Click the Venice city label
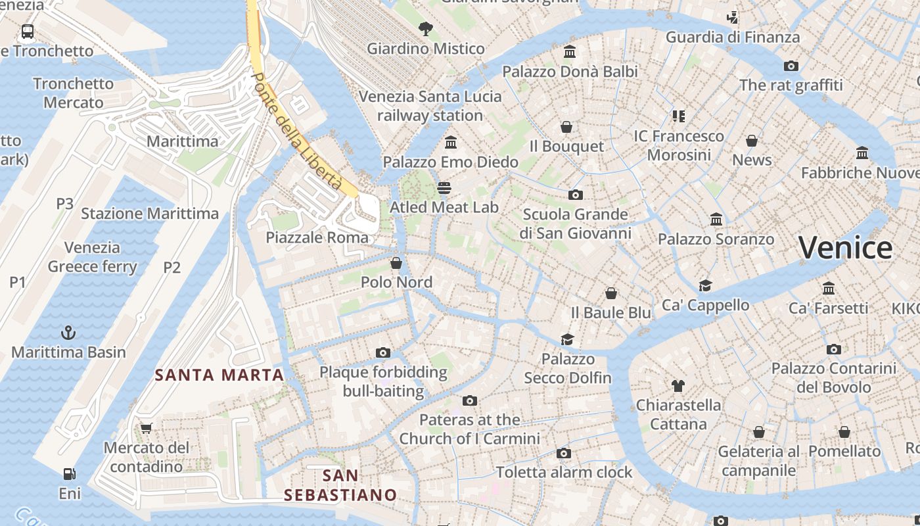[845, 248]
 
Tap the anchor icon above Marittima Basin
[68, 333]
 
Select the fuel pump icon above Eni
[69, 474]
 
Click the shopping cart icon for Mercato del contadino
[147, 429]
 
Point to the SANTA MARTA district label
[219, 375]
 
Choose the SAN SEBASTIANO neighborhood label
[340, 485]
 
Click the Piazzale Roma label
[317, 237]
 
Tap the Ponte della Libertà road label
[296, 131]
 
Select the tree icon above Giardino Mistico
[426, 29]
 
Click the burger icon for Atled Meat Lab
[444, 188]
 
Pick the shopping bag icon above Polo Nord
[396, 263]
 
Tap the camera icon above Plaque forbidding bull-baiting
[383, 353]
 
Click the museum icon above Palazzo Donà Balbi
[570, 52]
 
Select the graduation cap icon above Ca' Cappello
[705, 285]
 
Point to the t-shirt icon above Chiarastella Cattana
[678, 386]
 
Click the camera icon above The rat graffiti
[791, 66]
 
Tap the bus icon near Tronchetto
[28, 31]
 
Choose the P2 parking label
[172, 267]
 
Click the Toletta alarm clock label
[564, 472]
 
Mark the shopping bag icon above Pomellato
[844, 432]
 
